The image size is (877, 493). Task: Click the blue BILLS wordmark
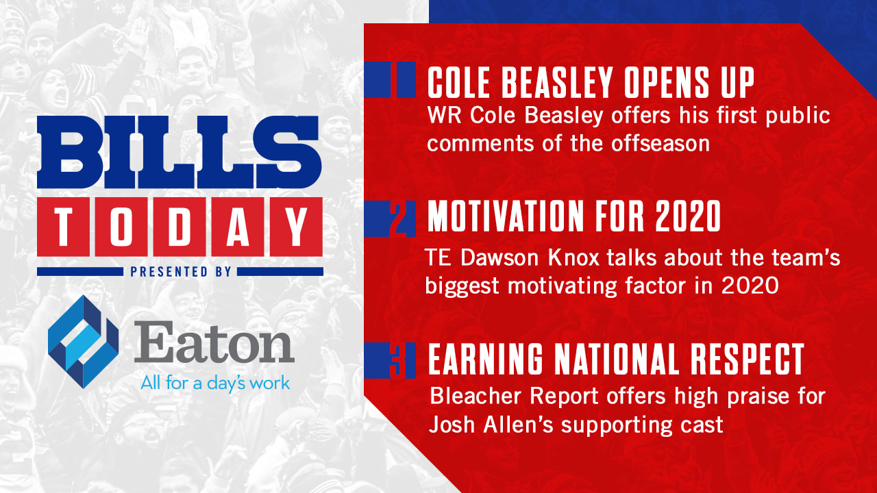pos(180,152)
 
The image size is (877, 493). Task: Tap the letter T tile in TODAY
pos(64,227)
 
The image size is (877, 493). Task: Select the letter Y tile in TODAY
pos(297,227)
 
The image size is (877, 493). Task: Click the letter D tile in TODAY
pos(180,227)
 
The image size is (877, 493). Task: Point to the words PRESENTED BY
pos(181,272)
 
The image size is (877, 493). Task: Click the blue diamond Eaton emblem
pos(83,342)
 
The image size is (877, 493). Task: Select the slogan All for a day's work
pos(215,383)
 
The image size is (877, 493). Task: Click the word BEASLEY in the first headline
pos(557,83)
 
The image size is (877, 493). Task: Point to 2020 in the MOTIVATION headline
pos(688,216)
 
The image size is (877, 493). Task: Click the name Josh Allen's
pos(491,425)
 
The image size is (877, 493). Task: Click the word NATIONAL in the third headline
pos(617,359)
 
